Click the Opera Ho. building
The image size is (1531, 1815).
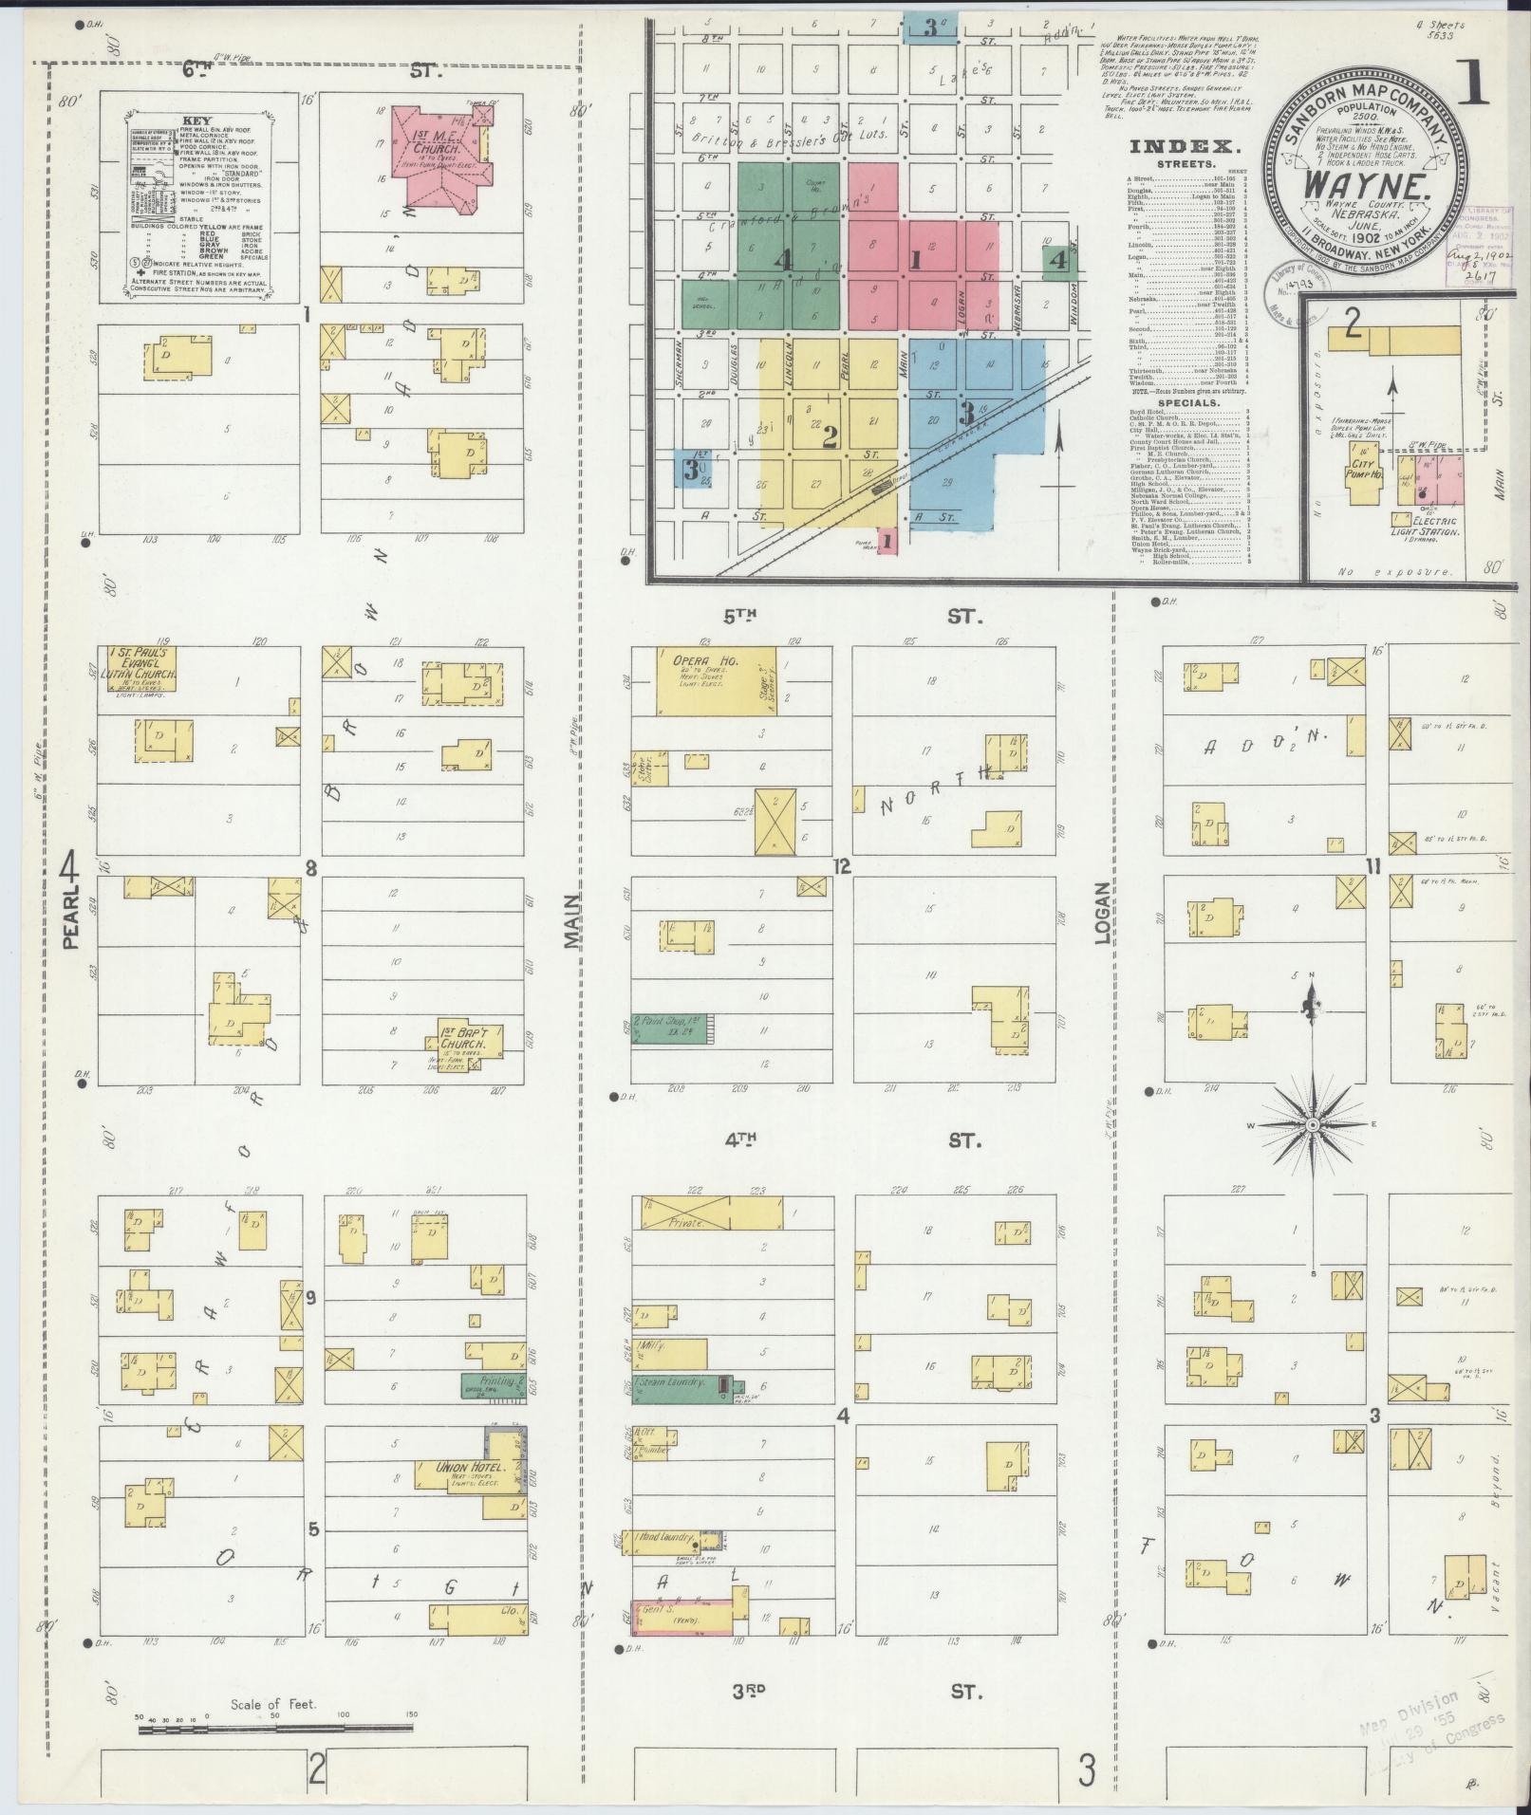(716, 680)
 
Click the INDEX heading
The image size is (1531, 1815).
(1185, 147)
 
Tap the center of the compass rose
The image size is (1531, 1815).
(1313, 1124)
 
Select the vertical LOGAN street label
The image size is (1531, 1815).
(1102, 914)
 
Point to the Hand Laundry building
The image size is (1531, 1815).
(666, 1539)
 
